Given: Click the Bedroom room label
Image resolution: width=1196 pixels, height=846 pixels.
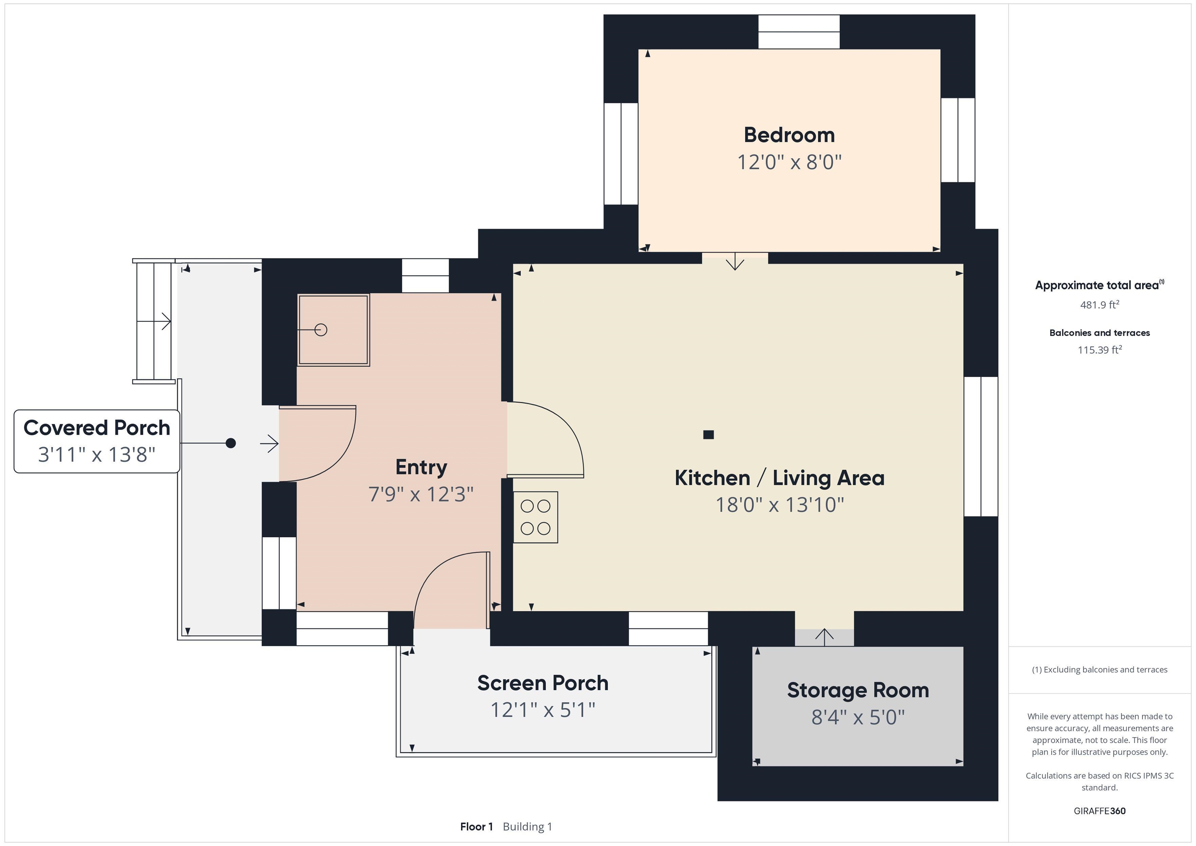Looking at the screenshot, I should tap(789, 135).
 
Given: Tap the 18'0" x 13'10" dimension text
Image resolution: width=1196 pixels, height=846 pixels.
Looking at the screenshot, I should tap(779, 505).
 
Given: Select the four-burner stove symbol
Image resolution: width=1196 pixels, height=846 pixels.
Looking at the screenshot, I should tap(535, 517).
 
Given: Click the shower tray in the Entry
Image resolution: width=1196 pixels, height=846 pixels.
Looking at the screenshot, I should tap(333, 330).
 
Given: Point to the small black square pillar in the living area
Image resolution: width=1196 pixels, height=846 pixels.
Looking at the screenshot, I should tap(708, 434).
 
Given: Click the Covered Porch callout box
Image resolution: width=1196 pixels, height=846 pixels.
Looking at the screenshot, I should tap(97, 441).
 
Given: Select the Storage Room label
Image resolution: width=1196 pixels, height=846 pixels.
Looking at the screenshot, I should tap(857, 690).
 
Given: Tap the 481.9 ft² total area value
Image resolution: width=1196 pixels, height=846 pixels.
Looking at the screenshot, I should tap(1099, 305).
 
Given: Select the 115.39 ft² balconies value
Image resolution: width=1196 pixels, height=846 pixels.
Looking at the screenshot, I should tap(1099, 350).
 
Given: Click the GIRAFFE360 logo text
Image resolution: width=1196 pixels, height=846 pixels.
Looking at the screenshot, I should tap(1099, 811).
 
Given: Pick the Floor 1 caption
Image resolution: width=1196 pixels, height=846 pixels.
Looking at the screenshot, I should tap(476, 827).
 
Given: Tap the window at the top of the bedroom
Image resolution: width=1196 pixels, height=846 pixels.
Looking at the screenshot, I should tap(798, 32).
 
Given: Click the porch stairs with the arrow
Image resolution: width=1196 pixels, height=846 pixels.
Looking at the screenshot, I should tap(154, 321).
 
